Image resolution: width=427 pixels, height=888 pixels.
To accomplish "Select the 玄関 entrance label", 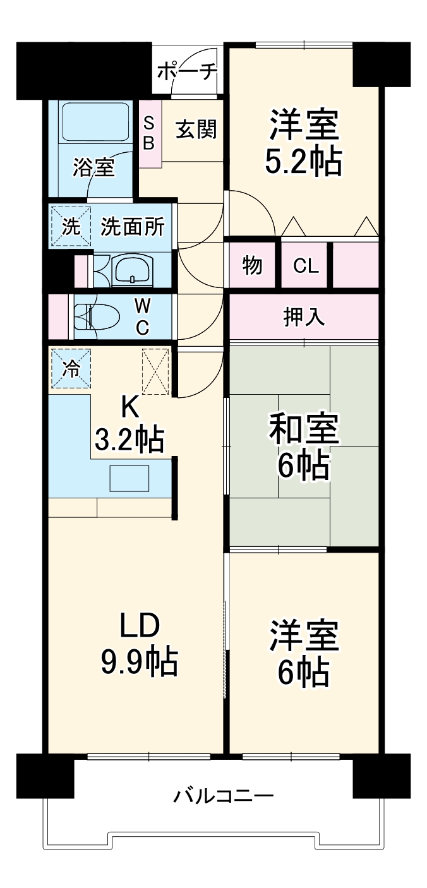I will click(x=196, y=129).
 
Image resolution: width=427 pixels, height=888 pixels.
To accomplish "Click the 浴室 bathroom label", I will click(x=93, y=167).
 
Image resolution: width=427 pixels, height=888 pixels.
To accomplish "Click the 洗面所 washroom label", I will click(x=133, y=227).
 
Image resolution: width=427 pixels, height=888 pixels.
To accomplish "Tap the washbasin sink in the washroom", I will click(x=132, y=270).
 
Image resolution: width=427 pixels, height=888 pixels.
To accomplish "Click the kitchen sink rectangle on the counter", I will click(x=129, y=478).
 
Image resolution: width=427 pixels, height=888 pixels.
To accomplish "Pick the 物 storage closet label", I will click(x=253, y=266).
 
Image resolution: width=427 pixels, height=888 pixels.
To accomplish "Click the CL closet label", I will click(x=306, y=266).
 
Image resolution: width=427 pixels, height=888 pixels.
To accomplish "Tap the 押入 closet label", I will click(x=304, y=318).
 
